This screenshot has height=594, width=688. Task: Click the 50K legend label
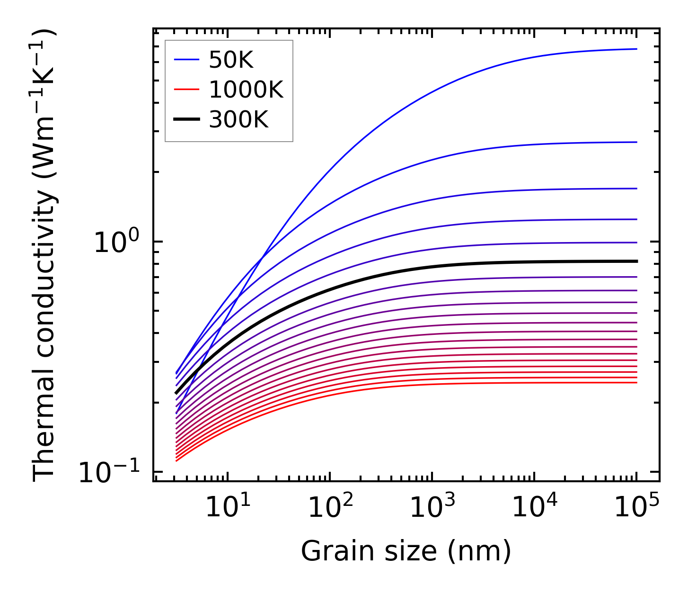(x=231, y=60)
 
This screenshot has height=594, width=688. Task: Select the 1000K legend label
(x=246, y=90)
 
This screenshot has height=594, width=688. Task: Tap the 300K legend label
(x=238, y=120)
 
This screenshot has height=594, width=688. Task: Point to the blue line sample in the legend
(x=187, y=60)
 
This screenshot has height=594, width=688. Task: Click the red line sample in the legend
(x=187, y=90)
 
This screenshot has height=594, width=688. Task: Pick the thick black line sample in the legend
(x=187, y=120)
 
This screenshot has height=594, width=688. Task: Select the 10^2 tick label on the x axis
(x=330, y=508)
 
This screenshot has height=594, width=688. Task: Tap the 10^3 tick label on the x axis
(x=432, y=508)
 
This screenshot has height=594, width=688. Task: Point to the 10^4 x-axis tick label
(x=534, y=508)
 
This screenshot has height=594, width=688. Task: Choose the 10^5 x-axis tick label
(x=636, y=508)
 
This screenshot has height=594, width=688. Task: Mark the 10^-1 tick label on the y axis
(x=110, y=471)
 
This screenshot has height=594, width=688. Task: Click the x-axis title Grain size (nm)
(x=406, y=552)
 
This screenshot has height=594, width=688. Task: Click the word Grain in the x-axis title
(x=327, y=552)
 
